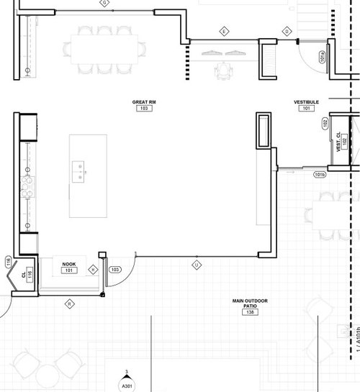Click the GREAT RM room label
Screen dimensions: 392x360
click(145, 103)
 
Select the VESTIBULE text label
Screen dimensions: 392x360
click(306, 103)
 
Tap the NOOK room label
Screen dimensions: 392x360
click(69, 265)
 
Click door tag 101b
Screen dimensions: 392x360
click(320, 175)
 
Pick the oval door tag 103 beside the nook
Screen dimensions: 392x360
click(114, 269)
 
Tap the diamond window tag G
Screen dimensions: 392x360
click(105, 4)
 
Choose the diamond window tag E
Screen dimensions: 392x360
click(224, 32)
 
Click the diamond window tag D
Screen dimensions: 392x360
click(287, 32)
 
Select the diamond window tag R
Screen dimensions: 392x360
click(70, 304)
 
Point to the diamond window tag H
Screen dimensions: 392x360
click(93, 270)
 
